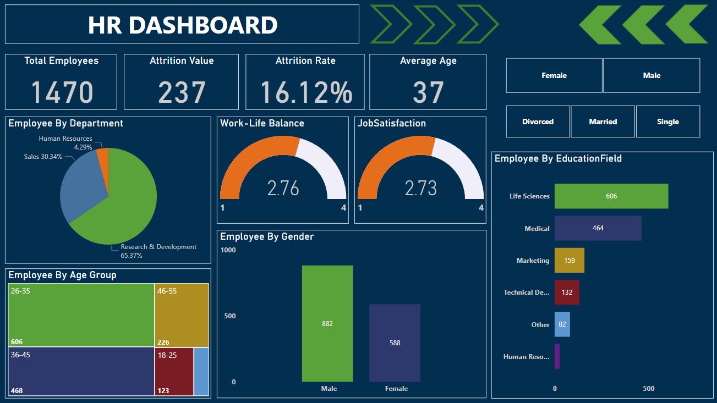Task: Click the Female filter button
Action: tap(554, 75)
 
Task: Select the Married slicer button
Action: tap(603, 122)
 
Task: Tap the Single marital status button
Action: tap(667, 122)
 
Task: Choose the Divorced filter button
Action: tap(538, 122)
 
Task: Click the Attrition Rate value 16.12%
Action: tap(306, 92)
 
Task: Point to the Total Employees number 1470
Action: tap(62, 92)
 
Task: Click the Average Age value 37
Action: tap(428, 92)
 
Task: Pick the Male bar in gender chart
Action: tap(327, 323)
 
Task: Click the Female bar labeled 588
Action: tap(395, 343)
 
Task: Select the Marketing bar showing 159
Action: tap(569, 260)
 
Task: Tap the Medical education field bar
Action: tap(598, 228)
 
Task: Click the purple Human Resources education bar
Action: tap(557, 356)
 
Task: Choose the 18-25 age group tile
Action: tap(174, 371)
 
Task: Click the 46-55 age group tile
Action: tap(182, 315)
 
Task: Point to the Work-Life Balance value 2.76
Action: tap(283, 189)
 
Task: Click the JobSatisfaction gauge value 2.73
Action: tap(421, 189)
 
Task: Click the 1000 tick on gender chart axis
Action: tap(228, 250)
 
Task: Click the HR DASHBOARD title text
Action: tap(183, 25)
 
